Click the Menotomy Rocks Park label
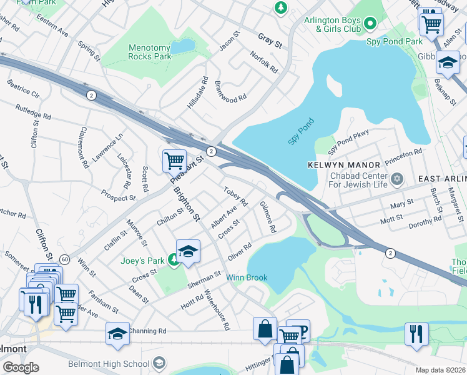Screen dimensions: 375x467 149,52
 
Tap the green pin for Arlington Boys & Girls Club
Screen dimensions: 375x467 369,24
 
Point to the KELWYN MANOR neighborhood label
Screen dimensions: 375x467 344,165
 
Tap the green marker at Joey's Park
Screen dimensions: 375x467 174,262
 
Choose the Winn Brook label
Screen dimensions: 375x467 247,277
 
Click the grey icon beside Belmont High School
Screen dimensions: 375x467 160,363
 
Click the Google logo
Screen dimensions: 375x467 21,367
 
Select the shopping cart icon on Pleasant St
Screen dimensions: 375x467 174,160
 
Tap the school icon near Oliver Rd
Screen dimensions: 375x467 188,251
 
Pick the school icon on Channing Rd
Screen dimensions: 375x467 117,334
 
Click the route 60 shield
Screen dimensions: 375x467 64,259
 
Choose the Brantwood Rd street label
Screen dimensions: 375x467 231,90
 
